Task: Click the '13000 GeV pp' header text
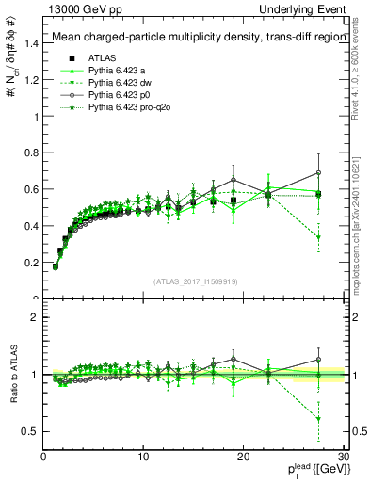[x=80, y=8]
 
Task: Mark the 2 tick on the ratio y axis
[x=37, y=317]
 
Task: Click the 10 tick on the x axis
[x=143, y=457]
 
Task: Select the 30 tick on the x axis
[x=344, y=457]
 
